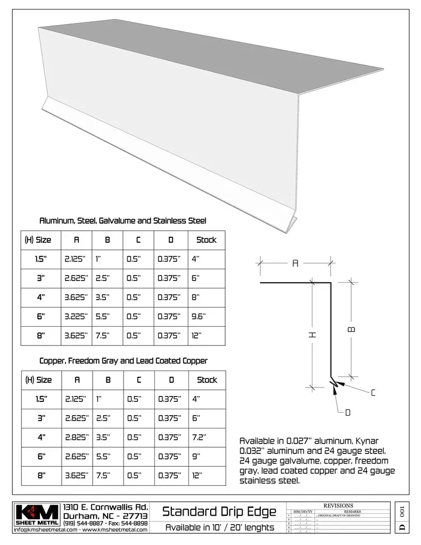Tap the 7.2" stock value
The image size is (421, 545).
pyautogui.click(x=199, y=437)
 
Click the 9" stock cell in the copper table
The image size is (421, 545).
pyautogui.click(x=195, y=456)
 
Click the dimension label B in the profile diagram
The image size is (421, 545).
pyautogui.click(x=351, y=329)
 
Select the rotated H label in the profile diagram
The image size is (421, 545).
pyautogui.click(x=312, y=334)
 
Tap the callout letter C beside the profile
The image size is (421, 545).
pyautogui.click(x=373, y=393)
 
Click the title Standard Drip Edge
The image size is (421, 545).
pyautogui.click(x=219, y=512)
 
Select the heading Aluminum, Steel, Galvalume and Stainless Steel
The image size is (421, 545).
pyautogui.click(x=123, y=221)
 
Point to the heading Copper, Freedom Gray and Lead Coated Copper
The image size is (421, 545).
pyautogui.click(x=123, y=361)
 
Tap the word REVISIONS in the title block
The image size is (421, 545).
pyautogui.click(x=338, y=505)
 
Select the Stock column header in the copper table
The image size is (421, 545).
pyautogui.click(x=207, y=380)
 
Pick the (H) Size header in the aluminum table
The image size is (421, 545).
pyautogui.click(x=38, y=240)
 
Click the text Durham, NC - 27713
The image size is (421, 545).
pyautogui.click(x=105, y=516)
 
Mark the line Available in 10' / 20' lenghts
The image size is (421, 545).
pyautogui.click(x=219, y=528)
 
